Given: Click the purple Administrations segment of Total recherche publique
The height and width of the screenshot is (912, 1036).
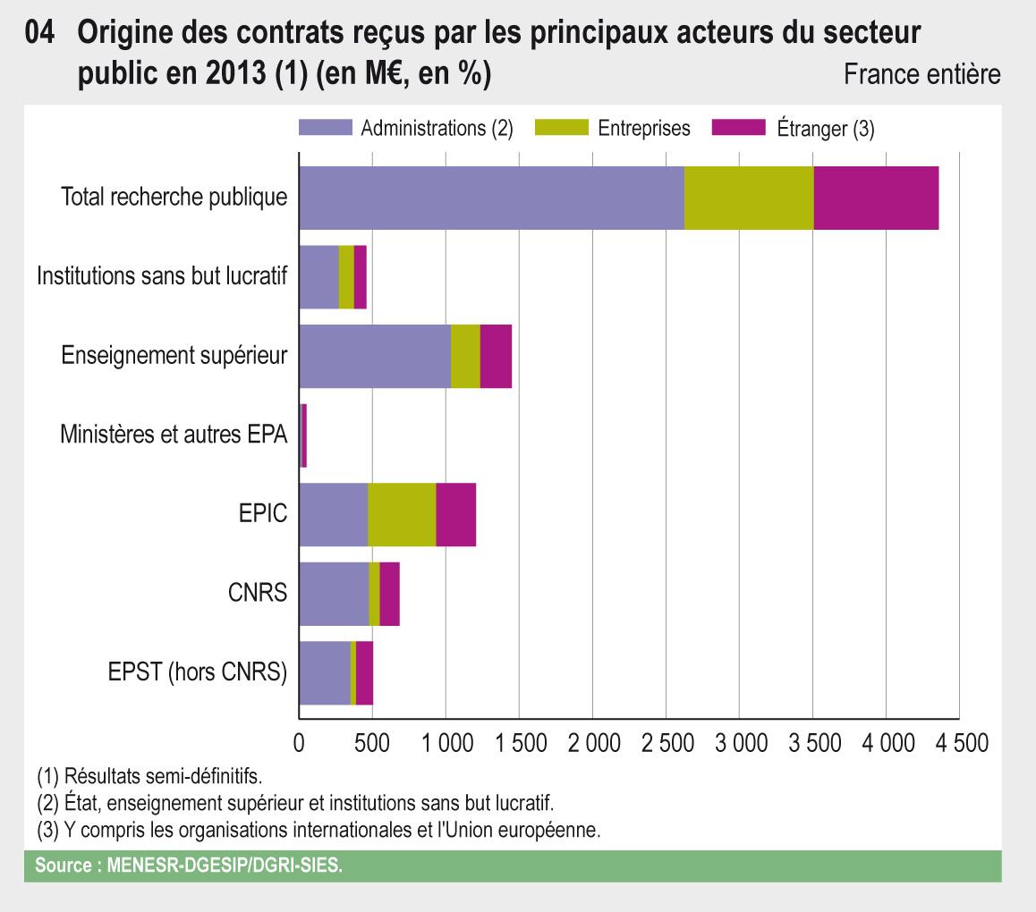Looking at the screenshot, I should [x=491, y=198].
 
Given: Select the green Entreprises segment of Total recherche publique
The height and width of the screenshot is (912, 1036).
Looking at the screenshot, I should [x=749, y=198].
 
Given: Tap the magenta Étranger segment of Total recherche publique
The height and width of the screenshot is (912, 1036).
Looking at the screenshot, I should [x=876, y=198].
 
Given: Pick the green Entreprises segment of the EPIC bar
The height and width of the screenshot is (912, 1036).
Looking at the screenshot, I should [x=402, y=514].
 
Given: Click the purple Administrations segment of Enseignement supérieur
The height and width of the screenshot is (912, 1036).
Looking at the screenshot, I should [x=375, y=356].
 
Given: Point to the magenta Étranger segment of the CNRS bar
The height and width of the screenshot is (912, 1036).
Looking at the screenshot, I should [x=389, y=594].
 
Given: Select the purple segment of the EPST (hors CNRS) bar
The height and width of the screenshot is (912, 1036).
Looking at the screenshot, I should [x=325, y=673].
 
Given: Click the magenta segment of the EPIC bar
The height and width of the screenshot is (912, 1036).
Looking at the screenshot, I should [x=455, y=514].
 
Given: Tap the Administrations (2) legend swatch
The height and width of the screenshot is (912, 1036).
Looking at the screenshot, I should [x=325, y=128].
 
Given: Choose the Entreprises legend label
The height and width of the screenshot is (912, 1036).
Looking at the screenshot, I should [x=644, y=128].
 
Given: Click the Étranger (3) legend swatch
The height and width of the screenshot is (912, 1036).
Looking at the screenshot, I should [x=738, y=128].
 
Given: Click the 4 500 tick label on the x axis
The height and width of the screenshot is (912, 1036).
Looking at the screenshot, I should [x=958, y=744].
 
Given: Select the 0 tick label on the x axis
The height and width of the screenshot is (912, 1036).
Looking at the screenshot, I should [x=299, y=744].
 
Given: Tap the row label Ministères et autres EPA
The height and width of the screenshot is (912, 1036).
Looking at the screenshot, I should [x=174, y=435].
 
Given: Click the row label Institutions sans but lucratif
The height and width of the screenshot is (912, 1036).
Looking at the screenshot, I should [x=162, y=276].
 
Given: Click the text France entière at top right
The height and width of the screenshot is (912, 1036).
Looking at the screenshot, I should [x=921, y=74].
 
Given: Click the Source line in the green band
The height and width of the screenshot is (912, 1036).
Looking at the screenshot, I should [x=189, y=866].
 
